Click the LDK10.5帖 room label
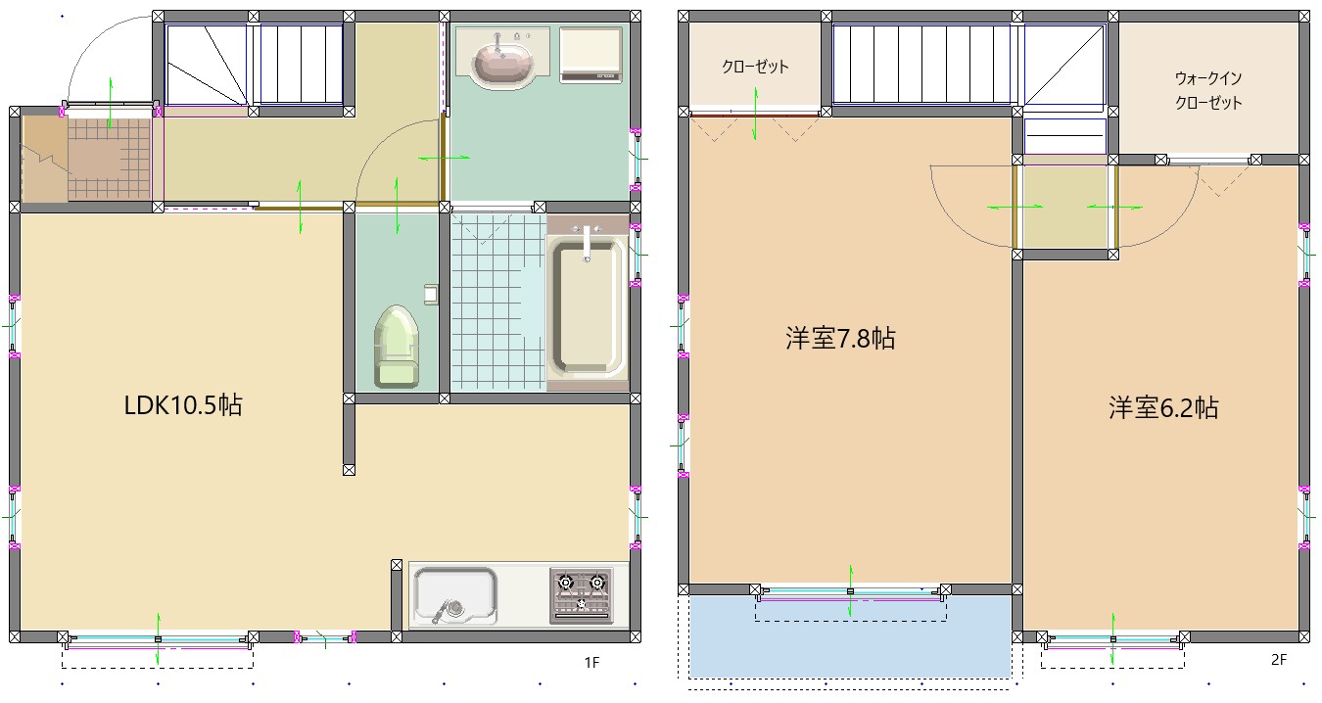pos(183,405)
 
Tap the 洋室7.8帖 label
pos(840,340)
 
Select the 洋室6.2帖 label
pos(1163,408)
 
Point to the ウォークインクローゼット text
pos(1208,90)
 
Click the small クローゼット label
pos(755,68)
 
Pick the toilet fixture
pos(396,348)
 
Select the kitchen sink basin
pos(454,594)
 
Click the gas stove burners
pos(582,594)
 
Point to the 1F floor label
pos(591,663)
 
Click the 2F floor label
pos(1278,660)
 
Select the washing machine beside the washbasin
pos(591,54)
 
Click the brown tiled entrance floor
pos(109,160)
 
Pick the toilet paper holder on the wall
pos(430,294)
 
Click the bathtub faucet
pos(587,242)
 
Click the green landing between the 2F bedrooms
pos(1065,208)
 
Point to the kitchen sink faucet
pos(453,607)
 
